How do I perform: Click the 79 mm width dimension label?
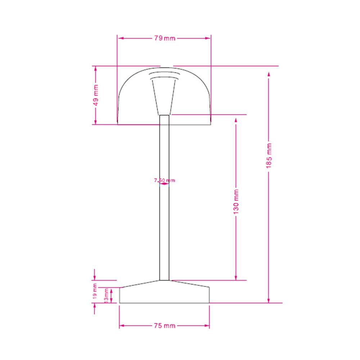point(165,38)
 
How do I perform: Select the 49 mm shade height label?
point(96,95)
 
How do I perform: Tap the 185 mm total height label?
point(269,155)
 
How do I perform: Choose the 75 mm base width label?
point(164,326)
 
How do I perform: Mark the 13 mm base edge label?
point(106,295)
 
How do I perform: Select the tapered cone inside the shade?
point(164,95)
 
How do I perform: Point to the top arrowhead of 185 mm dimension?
point(269,74)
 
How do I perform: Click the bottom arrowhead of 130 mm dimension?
point(236,278)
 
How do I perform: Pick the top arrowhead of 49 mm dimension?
point(95,68)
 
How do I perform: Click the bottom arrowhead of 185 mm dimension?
point(269,301)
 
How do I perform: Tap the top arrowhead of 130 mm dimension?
point(236,117)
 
